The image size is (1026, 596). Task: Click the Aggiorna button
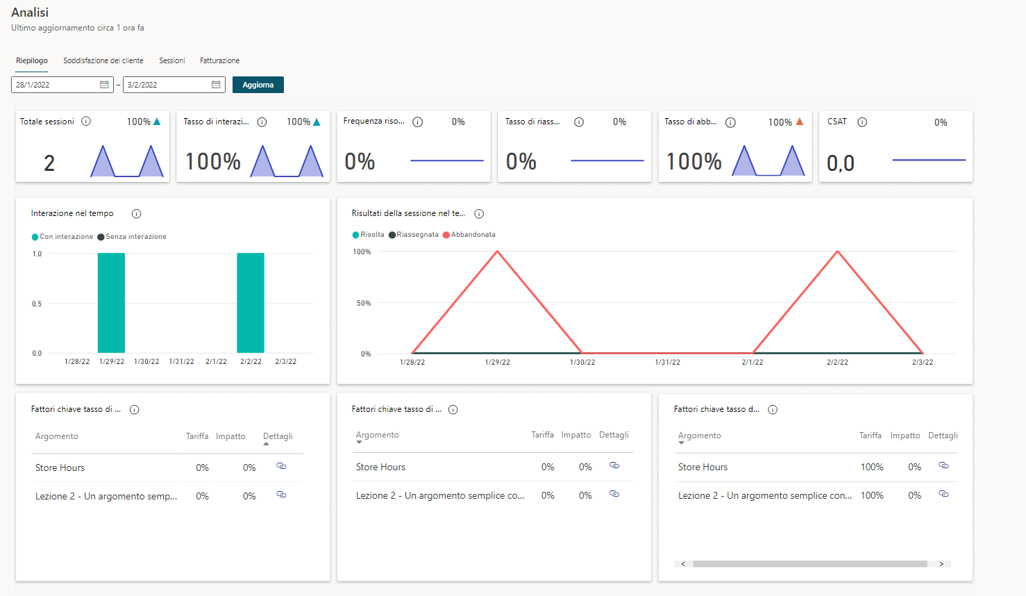click(x=258, y=85)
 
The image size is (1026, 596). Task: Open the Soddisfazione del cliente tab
click(x=103, y=60)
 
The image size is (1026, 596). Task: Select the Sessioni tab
click(x=171, y=60)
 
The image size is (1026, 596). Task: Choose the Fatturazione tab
click(x=219, y=60)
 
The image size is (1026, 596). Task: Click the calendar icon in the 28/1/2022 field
click(x=104, y=85)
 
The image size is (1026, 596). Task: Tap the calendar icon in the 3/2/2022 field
click(x=216, y=85)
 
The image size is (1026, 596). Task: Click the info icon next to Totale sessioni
click(x=86, y=122)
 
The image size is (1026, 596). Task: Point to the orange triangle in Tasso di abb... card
click(x=799, y=122)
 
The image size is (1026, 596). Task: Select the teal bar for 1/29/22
click(x=111, y=303)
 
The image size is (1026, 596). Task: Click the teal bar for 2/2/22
click(x=251, y=303)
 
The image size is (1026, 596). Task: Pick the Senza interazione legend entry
click(x=132, y=237)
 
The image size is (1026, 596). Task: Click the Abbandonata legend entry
click(x=469, y=235)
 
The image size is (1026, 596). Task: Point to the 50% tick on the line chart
click(x=364, y=303)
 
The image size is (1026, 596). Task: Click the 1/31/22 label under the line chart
click(x=667, y=362)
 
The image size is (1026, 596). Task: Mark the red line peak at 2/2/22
click(x=838, y=251)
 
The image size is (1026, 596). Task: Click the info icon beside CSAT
click(x=862, y=122)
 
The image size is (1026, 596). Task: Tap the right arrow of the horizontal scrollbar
click(x=942, y=564)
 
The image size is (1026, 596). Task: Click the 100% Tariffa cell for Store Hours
click(x=872, y=467)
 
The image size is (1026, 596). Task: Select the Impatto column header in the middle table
click(x=575, y=435)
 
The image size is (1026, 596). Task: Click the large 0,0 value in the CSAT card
click(x=841, y=163)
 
